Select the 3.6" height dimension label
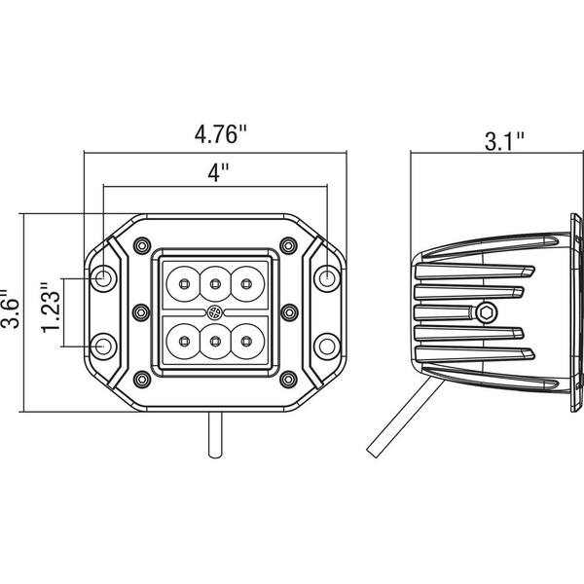(x=11, y=310)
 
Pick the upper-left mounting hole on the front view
(x=103, y=278)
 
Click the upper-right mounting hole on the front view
(x=329, y=278)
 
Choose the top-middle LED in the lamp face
(x=214, y=283)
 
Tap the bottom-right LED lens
(x=246, y=341)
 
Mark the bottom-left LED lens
(x=182, y=341)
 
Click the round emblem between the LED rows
(x=214, y=311)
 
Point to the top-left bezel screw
(x=144, y=243)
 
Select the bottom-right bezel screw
(x=285, y=378)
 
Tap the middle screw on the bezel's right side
(x=288, y=311)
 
